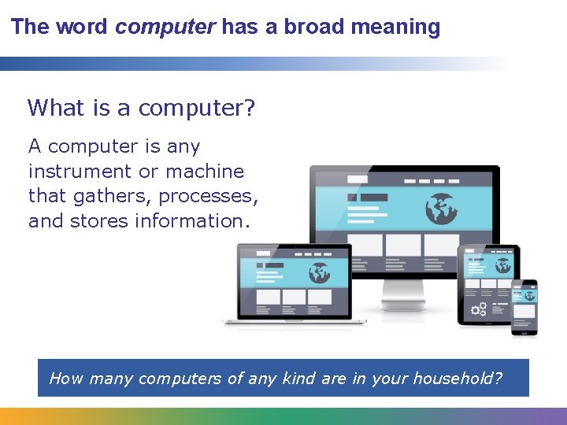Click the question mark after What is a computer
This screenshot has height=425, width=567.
click(x=250, y=108)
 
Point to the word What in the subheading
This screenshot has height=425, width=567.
click(x=57, y=108)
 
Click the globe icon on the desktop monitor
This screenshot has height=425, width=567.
click(x=442, y=208)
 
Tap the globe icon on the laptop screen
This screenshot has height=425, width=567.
click(x=320, y=272)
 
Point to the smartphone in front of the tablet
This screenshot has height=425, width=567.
click(x=524, y=307)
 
